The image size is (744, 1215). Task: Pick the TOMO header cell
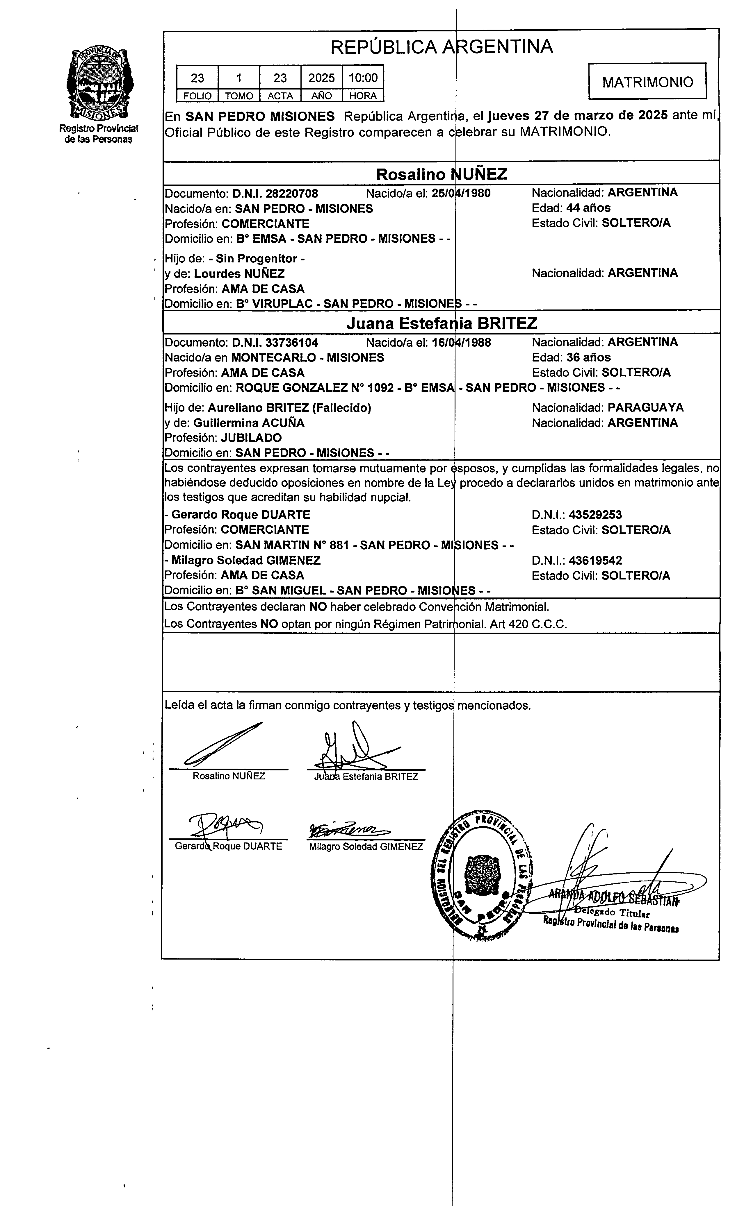(x=239, y=96)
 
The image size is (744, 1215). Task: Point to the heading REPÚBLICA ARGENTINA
(x=442, y=47)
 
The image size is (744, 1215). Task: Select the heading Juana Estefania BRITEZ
(x=442, y=323)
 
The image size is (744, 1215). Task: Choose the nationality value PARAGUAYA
(x=645, y=407)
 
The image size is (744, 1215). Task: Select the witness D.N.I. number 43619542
(x=595, y=560)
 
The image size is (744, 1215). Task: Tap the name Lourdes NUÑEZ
(x=239, y=274)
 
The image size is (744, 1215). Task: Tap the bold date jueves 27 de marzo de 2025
(x=578, y=116)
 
